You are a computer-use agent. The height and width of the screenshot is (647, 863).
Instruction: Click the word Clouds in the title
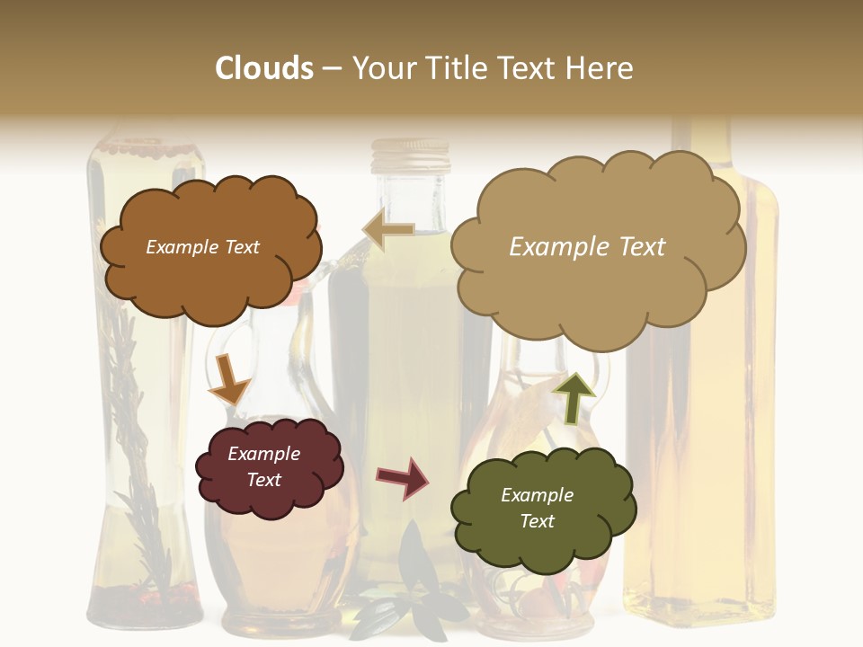point(263,68)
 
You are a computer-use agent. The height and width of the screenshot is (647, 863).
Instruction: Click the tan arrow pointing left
point(388,230)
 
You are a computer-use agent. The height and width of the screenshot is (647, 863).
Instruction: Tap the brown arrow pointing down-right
point(228,380)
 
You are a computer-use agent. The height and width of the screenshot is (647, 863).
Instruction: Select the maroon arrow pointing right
point(403,477)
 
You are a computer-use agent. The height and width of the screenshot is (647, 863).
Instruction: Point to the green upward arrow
point(574,396)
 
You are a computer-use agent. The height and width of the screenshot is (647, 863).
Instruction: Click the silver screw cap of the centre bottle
point(413,159)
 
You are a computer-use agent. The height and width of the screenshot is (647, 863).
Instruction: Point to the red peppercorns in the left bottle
point(144,593)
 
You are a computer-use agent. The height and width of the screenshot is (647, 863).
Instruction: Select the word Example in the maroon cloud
point(263,454)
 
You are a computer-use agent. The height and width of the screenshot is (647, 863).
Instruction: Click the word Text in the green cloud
point(538,521)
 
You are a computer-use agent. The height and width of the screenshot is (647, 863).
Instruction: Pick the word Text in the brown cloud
point(239,247)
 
